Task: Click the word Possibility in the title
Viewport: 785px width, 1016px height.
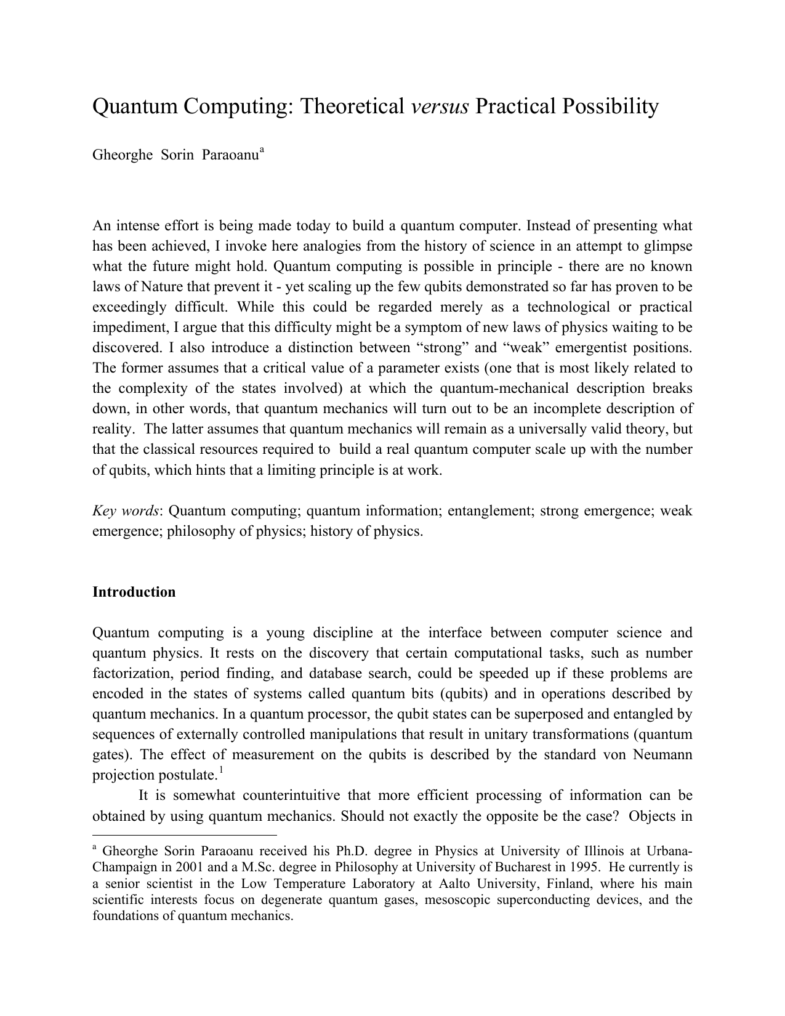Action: click(610, 107)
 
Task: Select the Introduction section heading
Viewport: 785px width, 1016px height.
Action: click(134, 592)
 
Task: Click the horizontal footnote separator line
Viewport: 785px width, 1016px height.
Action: click(184, 836)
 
